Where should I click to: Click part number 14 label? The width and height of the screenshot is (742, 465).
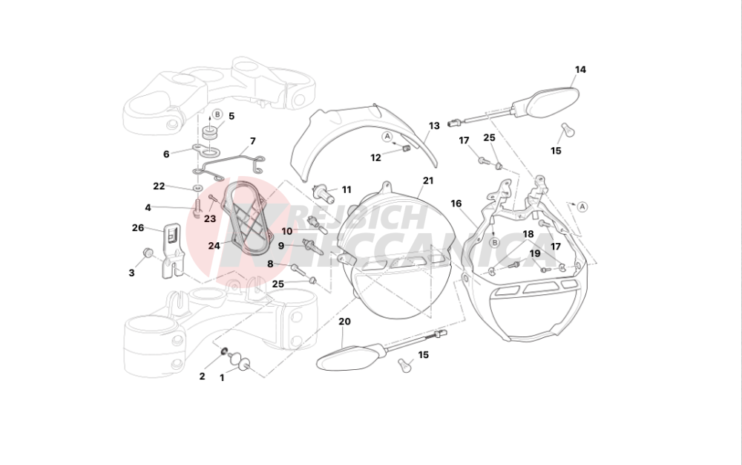[x=580, y=70]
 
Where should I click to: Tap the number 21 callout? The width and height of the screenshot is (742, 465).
[x=428, y=181]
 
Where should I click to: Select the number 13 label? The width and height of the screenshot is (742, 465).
[x=434, y=126]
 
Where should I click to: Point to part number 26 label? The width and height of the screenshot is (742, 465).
[x=138, y=228]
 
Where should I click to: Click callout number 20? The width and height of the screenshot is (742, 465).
[x=344, y=322]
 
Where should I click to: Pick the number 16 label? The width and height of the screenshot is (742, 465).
[x=456, y=203]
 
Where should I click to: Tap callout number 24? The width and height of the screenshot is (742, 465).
[x=214, y=246]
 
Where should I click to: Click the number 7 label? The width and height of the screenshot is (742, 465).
[x=253, y=141]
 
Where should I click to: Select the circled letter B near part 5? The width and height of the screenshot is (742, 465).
[x=217, y=114]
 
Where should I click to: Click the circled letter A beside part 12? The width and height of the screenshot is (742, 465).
[x=387, y=137]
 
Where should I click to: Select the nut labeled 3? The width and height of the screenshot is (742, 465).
[x=148, y=253]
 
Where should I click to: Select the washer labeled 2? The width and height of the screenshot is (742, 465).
[x=223, y=352]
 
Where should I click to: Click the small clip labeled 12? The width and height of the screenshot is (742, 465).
[x=405, y=149]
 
